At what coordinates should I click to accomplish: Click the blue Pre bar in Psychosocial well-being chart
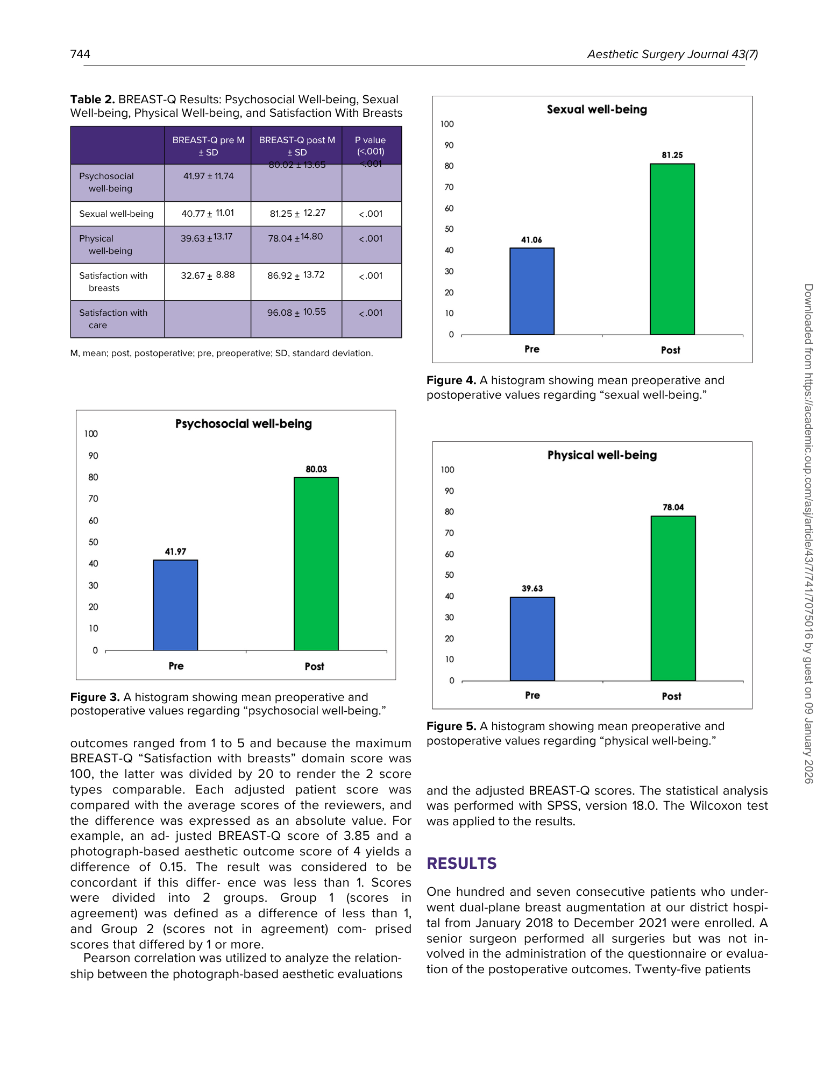coord(175,605)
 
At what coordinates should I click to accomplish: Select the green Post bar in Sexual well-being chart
coord(672,249)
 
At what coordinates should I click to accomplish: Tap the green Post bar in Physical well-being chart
coord(673,598)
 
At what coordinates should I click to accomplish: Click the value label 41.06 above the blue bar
coord(531,240)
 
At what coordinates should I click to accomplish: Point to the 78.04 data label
coord(673,507)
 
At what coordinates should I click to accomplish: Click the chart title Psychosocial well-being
coord(243,424)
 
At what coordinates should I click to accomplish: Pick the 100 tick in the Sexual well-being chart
coord(447,124)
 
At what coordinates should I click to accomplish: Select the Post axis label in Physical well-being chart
coord(671,696)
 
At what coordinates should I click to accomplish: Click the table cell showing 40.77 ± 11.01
coord(208,214)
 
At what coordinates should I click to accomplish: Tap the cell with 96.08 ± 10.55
coord(296,313)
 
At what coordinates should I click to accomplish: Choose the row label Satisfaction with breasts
coord(113,281)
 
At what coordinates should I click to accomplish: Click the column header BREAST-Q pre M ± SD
coord(208,146)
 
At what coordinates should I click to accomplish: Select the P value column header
coord(371,146)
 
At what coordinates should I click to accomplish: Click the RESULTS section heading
coord(461,863)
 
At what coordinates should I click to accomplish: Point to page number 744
coord(80,54)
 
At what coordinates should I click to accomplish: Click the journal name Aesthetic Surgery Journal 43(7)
coord(672,54)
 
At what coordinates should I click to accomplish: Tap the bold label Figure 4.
coord(451,380)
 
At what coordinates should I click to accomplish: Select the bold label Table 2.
coord(93,100)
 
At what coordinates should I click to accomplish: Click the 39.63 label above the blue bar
coord(532,589)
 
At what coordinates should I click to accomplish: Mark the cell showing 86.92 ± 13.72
coord(296,275)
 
